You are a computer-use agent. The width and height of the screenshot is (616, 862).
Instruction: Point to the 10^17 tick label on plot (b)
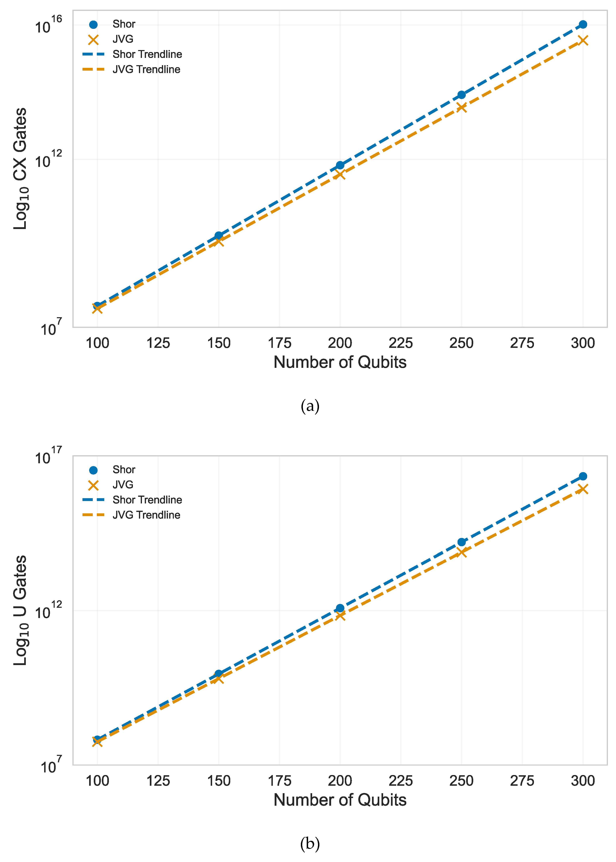[48, 456]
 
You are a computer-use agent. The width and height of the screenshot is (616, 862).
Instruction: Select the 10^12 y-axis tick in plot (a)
[48, 160]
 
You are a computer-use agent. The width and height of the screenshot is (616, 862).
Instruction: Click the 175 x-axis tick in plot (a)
[279, 343]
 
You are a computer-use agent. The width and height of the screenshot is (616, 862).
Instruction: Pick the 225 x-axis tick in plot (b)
[401, 781]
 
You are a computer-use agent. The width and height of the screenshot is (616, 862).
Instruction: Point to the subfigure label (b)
[310, 843]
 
